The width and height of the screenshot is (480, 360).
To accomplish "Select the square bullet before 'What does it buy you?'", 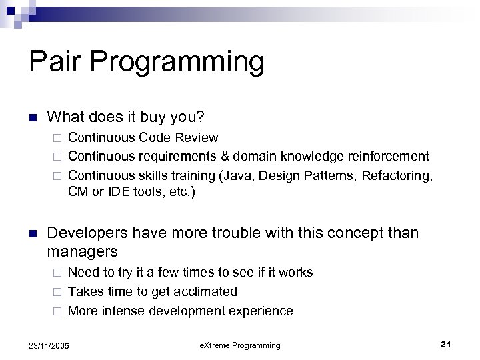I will pos(32,117).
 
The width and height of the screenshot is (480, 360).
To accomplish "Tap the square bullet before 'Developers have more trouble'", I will pos(32,234).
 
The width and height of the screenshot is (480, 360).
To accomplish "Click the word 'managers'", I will pos(82,252).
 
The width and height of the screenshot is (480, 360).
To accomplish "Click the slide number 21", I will pos(446,345).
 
